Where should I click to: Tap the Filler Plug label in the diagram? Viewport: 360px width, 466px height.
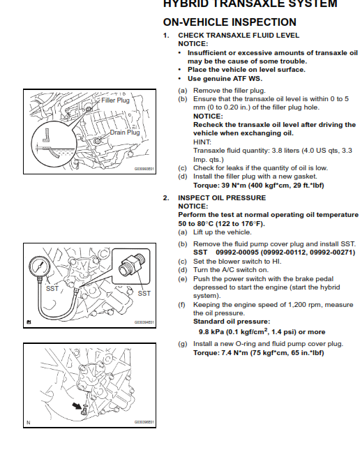point(115,100)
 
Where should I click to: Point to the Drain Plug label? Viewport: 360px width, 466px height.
point(123,132)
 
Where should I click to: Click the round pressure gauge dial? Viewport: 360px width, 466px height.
point(40,268)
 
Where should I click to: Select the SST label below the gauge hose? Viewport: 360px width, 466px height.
point(52,287)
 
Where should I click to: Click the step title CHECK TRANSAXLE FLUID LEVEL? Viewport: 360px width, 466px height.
point(239,35)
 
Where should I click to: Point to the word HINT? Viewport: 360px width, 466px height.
point(202,142)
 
